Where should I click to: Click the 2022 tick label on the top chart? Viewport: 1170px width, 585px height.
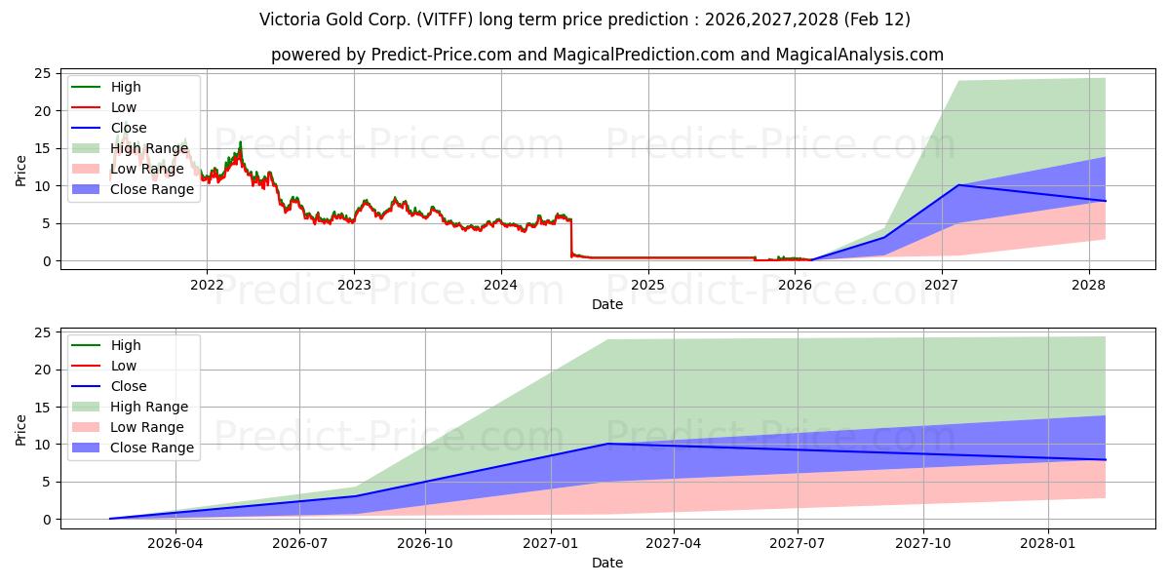207,285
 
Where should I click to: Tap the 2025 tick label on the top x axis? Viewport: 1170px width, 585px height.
648,285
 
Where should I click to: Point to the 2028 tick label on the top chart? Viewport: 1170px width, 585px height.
1089,285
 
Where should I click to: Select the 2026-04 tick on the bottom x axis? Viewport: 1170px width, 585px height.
176,543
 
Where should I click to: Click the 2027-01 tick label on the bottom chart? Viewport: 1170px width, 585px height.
552,543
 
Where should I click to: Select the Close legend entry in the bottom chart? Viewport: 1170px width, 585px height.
129,386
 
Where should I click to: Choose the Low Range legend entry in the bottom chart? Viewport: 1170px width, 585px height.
146,427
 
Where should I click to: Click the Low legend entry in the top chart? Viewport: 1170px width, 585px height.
124,107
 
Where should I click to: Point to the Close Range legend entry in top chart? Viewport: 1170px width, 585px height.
152,189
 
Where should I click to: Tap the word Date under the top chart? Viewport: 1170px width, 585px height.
607,304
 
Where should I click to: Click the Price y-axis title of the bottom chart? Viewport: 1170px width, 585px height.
21,429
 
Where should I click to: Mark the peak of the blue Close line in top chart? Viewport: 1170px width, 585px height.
958,185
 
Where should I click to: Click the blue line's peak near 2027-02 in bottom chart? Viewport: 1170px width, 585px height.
607,444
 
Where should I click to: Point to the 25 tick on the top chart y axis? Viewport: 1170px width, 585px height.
44,73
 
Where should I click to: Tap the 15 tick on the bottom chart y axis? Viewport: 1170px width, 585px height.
44,407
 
